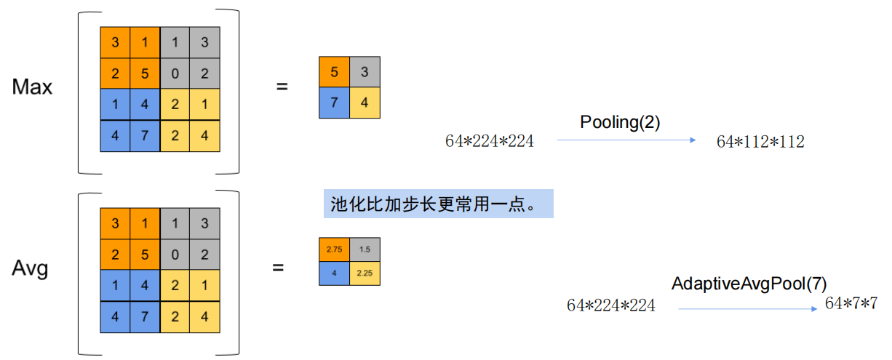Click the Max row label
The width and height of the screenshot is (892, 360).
tap(32, 87)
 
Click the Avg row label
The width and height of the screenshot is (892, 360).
tap(30, 269)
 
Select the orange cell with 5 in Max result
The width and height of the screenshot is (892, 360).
tap(334, 72)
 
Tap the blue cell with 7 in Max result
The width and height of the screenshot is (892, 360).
tap(334, 103)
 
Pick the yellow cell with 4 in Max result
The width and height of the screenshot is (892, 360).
tap(365, 103)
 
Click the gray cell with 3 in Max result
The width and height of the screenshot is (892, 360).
tap(365, 72)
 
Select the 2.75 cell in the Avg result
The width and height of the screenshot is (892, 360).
tap(334, 249)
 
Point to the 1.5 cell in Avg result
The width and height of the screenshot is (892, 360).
tap(365, 249)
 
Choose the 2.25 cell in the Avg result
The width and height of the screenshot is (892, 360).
tap(365, 273)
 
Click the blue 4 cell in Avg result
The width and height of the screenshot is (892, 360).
tap(334, 273)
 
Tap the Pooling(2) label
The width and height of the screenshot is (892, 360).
tap(620, 123)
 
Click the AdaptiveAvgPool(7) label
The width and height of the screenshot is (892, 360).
tap(749, 284)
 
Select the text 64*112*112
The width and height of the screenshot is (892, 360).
tap(760, 143)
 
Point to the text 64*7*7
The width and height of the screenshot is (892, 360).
tap(851, 304)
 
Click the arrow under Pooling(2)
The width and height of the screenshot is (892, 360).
tap(626, 141)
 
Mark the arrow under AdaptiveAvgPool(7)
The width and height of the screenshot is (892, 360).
tap(748, 309)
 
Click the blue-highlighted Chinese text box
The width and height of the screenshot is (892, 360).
tap(438, 204)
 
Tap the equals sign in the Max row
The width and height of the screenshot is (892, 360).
tap(282, 87)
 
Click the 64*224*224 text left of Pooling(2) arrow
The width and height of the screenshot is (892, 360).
tap(490, 142)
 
